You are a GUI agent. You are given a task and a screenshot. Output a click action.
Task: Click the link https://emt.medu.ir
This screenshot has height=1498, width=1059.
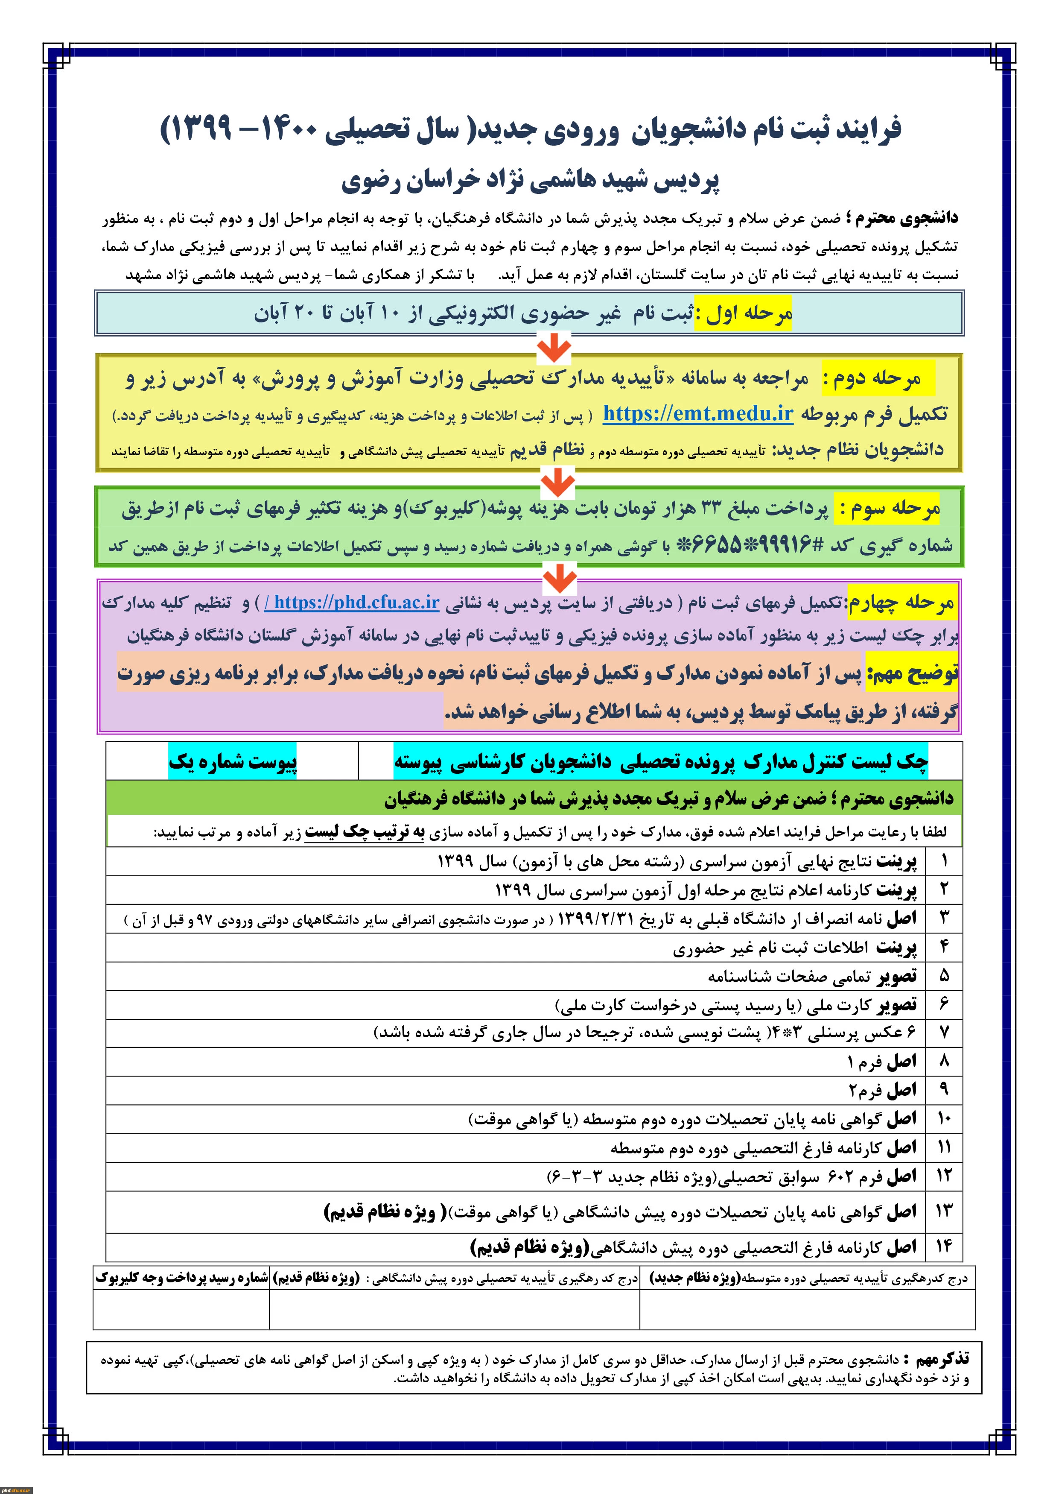(x=698, y=414)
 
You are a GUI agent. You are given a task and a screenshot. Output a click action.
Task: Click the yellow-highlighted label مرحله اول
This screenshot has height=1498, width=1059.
(x=744, y=314)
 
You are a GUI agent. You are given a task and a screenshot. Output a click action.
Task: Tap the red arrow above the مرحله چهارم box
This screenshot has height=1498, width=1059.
(x=560, y=577)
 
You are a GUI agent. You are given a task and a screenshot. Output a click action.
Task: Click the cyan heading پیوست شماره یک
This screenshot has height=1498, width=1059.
(x=233, y=761)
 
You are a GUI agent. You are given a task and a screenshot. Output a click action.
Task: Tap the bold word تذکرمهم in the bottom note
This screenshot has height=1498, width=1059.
(x=941, y=1358)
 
